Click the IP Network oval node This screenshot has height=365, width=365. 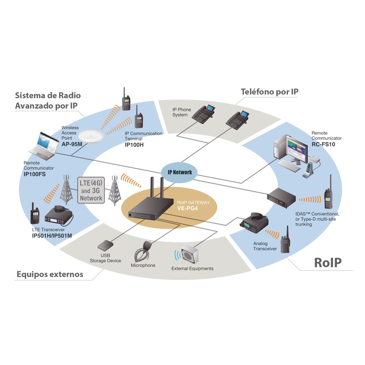(x=179, y=172)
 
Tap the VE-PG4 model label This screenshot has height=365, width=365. (x=187, y=208)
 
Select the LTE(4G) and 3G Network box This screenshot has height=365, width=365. (x=91, y=190)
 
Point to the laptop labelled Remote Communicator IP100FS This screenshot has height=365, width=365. (x=44, y=146)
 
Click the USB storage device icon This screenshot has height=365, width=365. (x=105, y=245)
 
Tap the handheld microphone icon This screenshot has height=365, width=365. (x=142, y=251)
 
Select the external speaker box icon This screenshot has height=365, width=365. (x=190, y=254)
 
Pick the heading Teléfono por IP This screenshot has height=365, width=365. (x=270, y=92)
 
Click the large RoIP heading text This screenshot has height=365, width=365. (x=328, y=262)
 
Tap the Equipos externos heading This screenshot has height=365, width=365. (x=50, y=274)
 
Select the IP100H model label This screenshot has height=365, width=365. (x=134, y=145)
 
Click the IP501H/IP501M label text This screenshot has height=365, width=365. (x=52, y=235)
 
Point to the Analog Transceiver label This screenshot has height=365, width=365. (x=265, y=246)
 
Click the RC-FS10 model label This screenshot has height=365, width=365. (x=323, y=144)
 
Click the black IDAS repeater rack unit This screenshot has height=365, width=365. (x=281, y=197)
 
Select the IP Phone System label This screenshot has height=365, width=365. (x=181, y=112)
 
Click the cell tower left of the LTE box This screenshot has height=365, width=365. (x=66, y=189)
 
